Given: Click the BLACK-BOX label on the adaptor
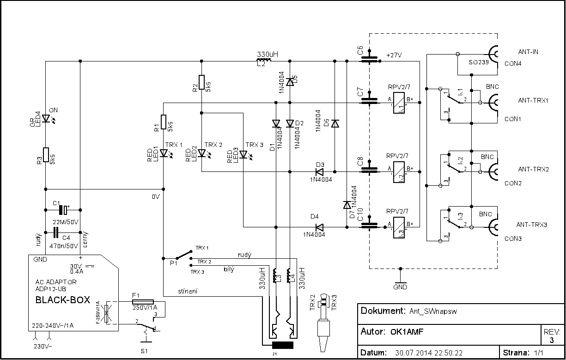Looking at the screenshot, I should pyautogui.click(x=63, y=299).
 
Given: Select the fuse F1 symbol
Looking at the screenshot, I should pyautogui.click(x=140, y=300).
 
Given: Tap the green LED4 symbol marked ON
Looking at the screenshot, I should pyautogui.click(x=46, y=119).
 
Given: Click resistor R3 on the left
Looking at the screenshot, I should pyautogui.click(x=46, y=156).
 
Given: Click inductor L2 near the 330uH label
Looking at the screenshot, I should pyautogui.click(x=264, y=60).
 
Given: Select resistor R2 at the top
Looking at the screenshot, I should pyautogui.click(x=201, y=82).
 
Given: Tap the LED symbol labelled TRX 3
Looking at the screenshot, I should pyautogui.click(x=243, y=153).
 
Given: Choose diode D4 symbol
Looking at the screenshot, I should pyautogui.click(x=319, y=227).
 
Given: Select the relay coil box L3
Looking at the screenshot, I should pyautogui.click(x=399, y=227).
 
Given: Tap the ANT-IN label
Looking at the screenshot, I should pyautogui.click(x=528, y=52).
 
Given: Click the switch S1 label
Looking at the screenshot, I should pyautogui.click(x=145, y=351).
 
